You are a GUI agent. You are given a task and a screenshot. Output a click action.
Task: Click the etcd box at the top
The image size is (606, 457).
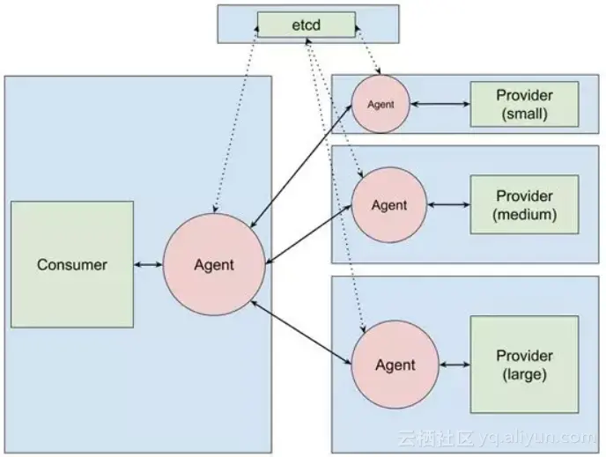[306, 25]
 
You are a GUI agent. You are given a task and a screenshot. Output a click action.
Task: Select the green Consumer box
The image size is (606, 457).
[72, 264]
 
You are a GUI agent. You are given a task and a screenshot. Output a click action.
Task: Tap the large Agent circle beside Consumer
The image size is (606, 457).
[215, 264]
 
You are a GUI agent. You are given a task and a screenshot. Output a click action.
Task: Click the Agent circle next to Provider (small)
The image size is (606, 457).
[381, 104]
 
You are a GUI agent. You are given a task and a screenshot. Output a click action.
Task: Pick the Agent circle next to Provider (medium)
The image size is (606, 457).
[389, 205]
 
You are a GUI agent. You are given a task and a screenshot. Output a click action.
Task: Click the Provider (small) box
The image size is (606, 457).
[524, 104]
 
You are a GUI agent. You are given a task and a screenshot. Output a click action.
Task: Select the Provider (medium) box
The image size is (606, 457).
[524, 204]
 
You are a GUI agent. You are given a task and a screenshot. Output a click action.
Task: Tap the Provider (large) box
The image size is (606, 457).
[524, 365]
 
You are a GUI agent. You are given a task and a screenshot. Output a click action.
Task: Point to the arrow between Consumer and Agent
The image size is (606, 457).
[149, 264]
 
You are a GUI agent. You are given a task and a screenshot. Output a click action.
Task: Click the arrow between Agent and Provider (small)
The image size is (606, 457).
[441, 104]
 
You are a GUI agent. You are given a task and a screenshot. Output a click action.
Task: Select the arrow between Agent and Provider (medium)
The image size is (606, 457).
[448, 205]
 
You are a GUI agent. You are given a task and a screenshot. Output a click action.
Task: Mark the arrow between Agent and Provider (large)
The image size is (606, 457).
[454, 365]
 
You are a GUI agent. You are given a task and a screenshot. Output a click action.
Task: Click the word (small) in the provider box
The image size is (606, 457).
[524, 113]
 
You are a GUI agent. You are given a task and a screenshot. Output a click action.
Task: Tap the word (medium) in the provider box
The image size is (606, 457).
[524, 214]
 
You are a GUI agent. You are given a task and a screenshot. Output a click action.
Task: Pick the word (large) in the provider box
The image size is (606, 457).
[524, 374]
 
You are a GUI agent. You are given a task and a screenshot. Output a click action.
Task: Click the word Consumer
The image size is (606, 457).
[72, 264]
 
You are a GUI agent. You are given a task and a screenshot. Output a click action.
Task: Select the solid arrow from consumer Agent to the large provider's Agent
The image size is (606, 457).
[302, 331]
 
